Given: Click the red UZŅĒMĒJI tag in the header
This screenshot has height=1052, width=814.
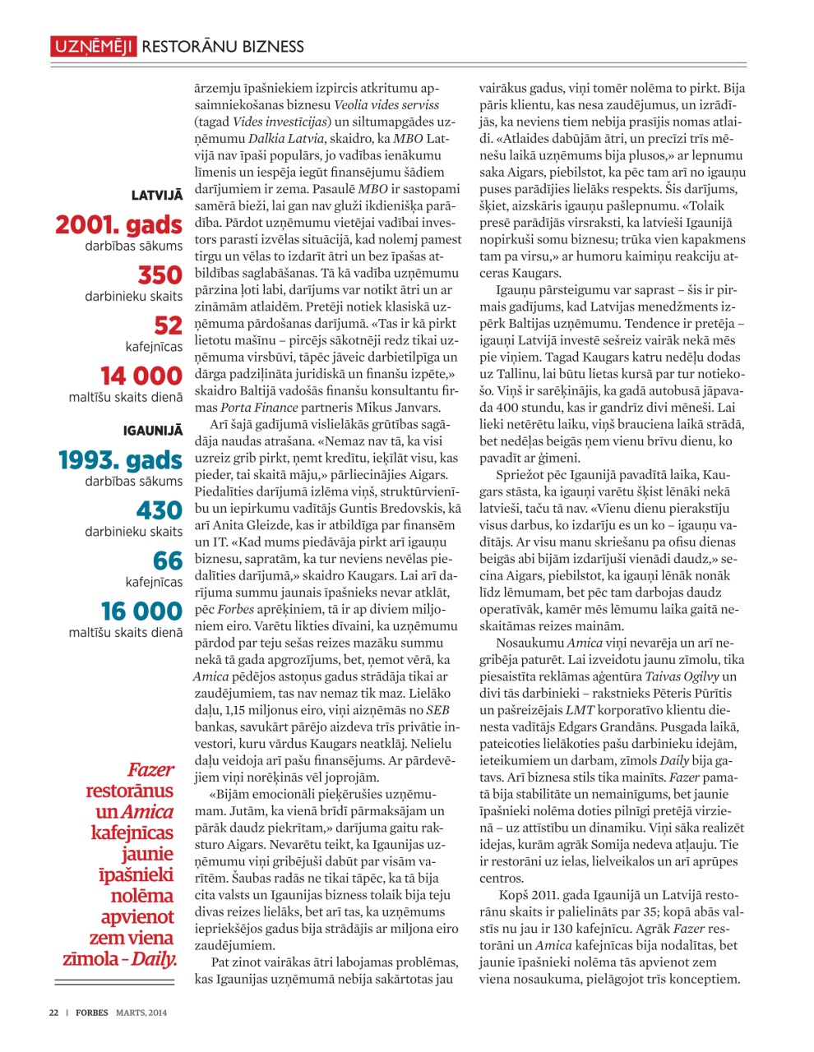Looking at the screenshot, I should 93,47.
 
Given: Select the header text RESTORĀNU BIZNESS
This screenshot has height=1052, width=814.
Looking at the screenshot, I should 223,47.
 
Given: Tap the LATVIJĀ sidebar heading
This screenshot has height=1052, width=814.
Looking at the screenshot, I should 156,196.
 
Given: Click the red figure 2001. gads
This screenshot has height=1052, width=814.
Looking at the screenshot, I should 119,224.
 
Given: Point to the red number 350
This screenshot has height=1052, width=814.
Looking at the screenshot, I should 160,275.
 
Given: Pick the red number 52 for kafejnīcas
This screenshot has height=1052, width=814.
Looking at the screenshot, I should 169,325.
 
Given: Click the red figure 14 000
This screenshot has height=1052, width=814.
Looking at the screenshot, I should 141,376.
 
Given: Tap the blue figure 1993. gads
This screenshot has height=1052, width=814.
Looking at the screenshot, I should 121,460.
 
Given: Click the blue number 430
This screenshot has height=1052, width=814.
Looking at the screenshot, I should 160,510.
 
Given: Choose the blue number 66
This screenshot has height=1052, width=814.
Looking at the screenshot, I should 168,561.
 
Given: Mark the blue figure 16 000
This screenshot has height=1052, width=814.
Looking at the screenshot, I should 141,611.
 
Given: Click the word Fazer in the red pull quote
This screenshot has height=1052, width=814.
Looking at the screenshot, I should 150,770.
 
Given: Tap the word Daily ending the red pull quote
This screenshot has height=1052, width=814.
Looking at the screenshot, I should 155,958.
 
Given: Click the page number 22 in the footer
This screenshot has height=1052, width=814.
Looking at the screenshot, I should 53,1013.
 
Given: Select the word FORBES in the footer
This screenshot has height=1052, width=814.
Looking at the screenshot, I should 92,1013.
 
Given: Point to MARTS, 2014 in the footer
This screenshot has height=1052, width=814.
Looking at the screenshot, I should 141,1013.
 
